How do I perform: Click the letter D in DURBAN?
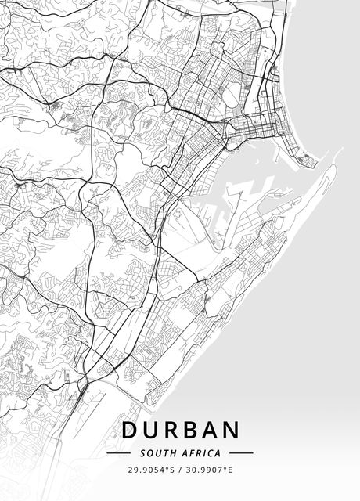pyautogui.click(x=130, y=431)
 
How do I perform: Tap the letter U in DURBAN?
pyautogui.click(x=150, y=431)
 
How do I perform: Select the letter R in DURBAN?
pyautogui.click(x=171, y=431)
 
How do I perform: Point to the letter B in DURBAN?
pyautogui.click(x=190, y=431)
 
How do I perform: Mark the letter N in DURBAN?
pyautogui.click(x=231, y=431)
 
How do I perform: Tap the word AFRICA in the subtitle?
pyautogui.click(x=200, y=452)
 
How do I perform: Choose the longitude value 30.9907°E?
pyautogui.click(x=209, y=470)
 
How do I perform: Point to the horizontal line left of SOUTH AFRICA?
pyautogui.click(x=118, y=452)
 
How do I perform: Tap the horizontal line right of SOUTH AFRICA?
pyautogui.click(x=241, y=452)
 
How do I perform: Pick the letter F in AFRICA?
pyautogui.click(x=193, y=452)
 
